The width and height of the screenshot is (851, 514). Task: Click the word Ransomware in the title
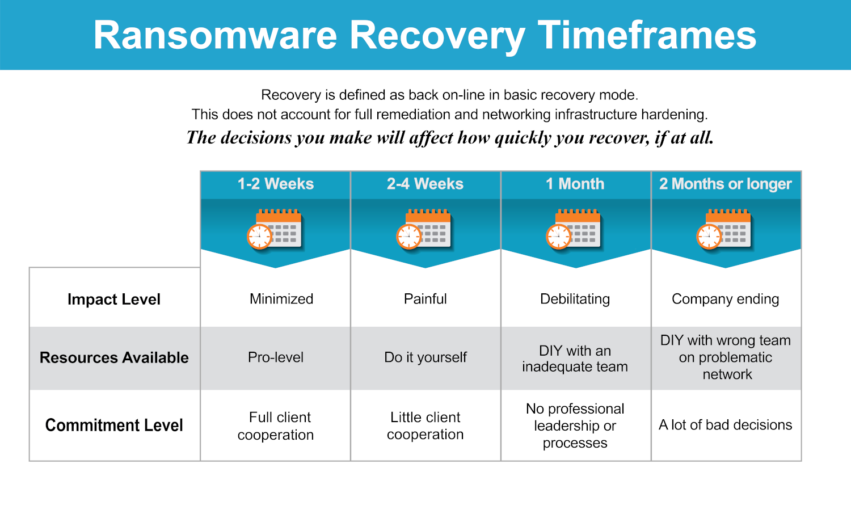coord(216,35)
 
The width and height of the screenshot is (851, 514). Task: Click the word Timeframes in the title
coord(647,35)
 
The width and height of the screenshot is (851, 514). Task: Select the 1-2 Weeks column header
coord(275,184)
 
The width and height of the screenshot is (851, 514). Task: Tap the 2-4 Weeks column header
coord(425,184)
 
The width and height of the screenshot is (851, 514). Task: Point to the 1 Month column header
coord(575,184)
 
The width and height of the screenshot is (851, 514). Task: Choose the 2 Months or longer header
coord(725,184)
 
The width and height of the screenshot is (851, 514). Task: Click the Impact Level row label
coord(114,299)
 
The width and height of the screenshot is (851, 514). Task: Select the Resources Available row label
coord(114,357)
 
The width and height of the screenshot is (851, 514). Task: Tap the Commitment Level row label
coord(114,425)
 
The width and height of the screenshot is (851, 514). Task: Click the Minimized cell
coord(281,299)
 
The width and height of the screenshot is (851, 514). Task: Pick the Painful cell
coord(425,299)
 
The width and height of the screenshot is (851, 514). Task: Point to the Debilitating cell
coord(575,299)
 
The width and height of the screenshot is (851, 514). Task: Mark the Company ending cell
coord(725,299)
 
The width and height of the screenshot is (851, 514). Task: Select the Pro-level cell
coord(275,357)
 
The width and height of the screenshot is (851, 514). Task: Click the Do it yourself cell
coord(425,357)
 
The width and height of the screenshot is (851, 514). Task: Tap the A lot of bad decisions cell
coord(725,425)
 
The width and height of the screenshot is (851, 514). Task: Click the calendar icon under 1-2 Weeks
coord(274,229)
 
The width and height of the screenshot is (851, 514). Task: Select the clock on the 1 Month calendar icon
coord(558,237)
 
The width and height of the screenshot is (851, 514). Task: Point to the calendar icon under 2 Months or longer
coord(724,229)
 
